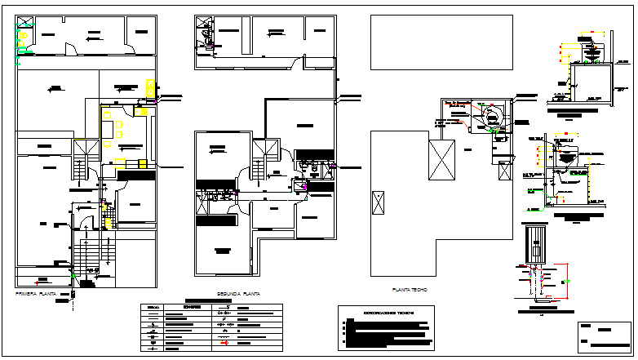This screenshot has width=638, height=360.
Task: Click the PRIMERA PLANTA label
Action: (38, 292)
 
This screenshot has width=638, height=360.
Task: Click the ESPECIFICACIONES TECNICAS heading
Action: (388, 313)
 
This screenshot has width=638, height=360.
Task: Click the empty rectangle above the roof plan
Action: (441, 42)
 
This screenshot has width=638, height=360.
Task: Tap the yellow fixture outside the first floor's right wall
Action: (149, 87)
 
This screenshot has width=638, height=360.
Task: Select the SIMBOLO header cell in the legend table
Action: (153, 308)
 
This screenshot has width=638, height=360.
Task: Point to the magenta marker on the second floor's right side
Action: (305, 187)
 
